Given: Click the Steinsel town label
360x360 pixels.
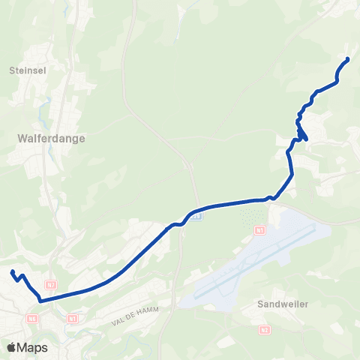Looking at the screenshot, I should (x=28, y=71).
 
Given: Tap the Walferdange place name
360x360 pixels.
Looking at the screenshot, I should (x=51, y=139).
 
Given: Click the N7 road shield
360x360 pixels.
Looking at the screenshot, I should (x=51, y=285).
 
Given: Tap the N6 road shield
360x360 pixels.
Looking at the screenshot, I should (x=32, y=318).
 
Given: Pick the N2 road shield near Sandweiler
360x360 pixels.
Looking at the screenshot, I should (x=265, y=329).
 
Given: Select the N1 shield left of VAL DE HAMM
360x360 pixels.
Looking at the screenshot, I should (x=72, y=318).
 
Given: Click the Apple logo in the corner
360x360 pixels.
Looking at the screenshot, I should (x=11, y=347).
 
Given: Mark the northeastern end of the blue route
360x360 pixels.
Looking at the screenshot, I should (x=347, y=59).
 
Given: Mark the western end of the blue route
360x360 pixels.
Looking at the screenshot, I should (x=13, y=271).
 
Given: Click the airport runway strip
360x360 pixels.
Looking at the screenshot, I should (x=255, y=263).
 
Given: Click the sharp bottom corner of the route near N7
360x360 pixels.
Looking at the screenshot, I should (x=40, y=301).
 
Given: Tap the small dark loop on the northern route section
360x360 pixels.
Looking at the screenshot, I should (x=301, y=134).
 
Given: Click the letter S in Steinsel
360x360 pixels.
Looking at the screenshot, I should (x=13, y=71).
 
